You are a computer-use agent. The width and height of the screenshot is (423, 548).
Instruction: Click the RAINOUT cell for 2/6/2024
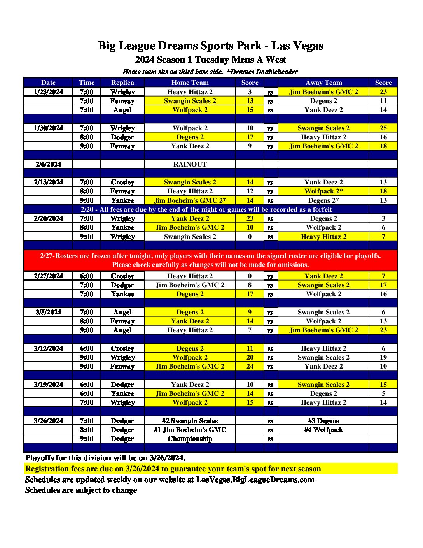click(x=190, y=164)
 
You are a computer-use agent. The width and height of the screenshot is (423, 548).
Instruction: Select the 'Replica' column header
click(x=122, y=83)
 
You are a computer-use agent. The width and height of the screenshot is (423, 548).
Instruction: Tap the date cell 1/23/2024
click(x=48, y=92)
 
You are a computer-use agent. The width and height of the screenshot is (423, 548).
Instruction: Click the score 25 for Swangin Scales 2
click(x=383, y=128)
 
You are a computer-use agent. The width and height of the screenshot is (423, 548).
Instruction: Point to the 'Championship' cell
click(x=190, y=439)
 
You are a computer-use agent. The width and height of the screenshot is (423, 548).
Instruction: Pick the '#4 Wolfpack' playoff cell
click(x=323, y=430)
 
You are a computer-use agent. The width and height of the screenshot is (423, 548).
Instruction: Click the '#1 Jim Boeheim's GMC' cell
click(x=190, y=430)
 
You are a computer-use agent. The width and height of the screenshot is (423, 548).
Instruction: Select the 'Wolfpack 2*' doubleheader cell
click(x=323, y=191)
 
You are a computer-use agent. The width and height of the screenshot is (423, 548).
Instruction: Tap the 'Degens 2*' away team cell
click(x=323, y=200)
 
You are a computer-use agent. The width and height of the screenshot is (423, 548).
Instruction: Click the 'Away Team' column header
click(x=323, y=83)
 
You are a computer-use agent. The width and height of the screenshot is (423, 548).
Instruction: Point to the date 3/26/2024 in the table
click(x=48, y=421)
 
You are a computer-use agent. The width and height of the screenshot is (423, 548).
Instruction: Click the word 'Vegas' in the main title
click(x=308, y=46)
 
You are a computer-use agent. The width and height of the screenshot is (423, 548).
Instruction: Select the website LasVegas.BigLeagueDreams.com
click(x=255, y=479)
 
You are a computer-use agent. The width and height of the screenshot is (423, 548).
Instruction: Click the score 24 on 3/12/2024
click(x=250, y=366)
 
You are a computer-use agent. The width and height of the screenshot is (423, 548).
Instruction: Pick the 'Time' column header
click(x=86, y=83)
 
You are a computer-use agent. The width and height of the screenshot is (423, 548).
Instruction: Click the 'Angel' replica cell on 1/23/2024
click(x=122, y=110)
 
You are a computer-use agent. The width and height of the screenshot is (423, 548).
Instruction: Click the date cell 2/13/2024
click(x=48, y=182)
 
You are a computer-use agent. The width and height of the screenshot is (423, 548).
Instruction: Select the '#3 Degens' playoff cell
click(x=323, y=421)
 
